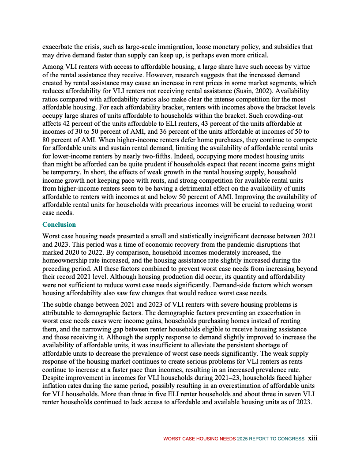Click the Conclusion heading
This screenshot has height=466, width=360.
point(59,225)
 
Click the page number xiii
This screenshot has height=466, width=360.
point(313,438)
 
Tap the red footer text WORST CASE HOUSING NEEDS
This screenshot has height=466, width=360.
point(199,439)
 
